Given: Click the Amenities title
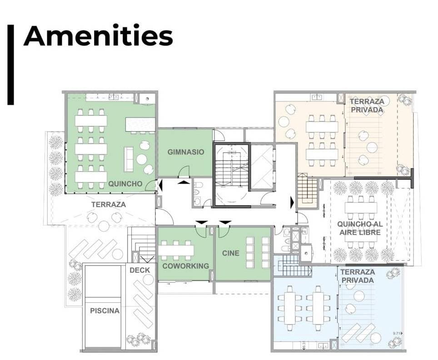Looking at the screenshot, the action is tap(98, 36).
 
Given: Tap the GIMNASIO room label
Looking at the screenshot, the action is tap(186, 152).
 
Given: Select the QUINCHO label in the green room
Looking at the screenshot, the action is tap(125, 184).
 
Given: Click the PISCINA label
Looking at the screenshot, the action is tap(105, 311).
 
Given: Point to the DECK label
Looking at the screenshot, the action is tap(139, 270).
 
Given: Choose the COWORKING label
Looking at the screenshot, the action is tap(185, 266).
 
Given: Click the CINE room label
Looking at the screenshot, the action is tap(231, 253).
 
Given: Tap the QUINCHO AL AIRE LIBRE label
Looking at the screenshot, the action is tap(360, 228).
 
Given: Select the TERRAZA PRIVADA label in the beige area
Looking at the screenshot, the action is tap(367, 105).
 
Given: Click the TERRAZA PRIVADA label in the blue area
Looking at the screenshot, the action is tap(358, 276).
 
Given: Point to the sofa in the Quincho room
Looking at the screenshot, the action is tap(129, 159).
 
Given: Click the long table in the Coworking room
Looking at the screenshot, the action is tap(176, 250).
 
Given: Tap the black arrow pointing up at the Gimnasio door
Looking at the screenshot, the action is tap(184, 182).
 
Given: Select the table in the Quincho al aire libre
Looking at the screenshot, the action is tap(361, 207).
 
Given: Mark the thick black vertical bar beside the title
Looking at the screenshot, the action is tap(10, 65).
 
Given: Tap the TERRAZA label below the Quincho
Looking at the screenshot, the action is tap(109, 205).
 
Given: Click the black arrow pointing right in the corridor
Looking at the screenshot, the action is tap(292, 202).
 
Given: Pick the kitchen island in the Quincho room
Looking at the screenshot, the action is tap(140, 124).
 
